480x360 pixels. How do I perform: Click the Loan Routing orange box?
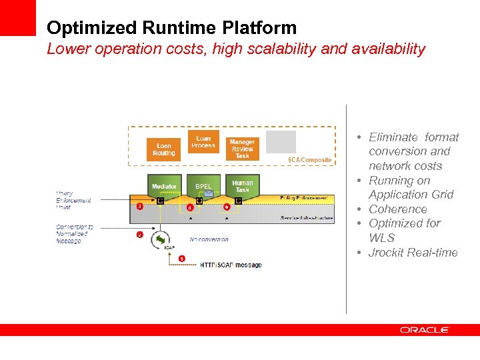163,149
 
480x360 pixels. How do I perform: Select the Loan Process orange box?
203,141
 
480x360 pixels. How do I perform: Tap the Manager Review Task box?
242,148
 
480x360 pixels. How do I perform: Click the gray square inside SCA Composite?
281,142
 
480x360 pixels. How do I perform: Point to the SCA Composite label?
309,160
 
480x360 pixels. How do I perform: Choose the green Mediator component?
164,186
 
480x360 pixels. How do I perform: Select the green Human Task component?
242,185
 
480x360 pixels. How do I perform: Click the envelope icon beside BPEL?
208,193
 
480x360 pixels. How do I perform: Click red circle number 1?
182,259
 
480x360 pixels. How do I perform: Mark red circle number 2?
139,235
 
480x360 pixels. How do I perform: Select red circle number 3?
139,207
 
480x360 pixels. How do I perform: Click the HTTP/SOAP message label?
231,265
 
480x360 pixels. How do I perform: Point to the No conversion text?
209,239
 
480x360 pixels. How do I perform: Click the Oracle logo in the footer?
425,329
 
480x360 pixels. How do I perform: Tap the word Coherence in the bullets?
398,209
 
